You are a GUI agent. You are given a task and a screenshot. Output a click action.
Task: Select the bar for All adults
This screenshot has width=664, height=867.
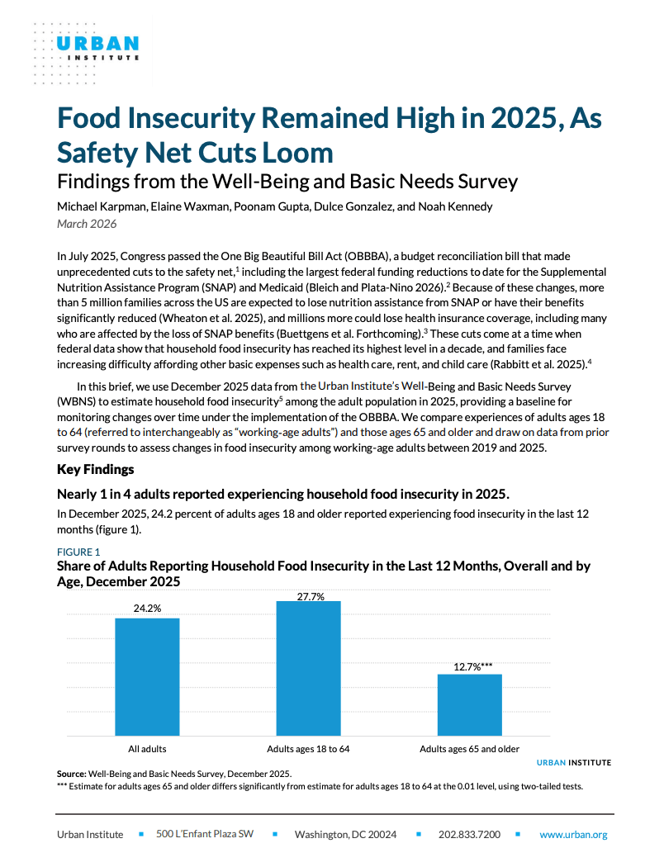pos(147,677)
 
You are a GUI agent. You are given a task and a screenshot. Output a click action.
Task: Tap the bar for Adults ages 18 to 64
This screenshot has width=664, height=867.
pos(308,669)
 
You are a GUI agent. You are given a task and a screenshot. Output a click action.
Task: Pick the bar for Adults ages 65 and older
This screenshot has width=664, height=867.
pos(469,705)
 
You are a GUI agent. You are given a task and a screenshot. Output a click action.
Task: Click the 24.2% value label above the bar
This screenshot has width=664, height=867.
pos(147,609)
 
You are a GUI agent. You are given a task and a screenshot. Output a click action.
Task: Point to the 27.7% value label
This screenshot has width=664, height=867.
pos(308,595)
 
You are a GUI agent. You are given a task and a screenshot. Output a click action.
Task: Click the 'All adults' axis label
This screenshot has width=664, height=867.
pos(147,749)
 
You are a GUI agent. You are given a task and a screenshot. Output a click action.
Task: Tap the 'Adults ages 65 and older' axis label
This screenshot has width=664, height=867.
pos(469,749)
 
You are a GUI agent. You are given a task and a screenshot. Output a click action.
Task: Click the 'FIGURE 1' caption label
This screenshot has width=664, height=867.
pos(78,552)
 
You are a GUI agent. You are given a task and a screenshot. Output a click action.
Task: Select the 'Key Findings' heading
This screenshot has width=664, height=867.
pos(95,469)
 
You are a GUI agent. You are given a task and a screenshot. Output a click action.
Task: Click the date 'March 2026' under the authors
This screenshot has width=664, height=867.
pos(87,224)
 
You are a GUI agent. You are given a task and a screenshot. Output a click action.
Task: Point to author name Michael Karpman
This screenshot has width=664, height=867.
pos(97,206)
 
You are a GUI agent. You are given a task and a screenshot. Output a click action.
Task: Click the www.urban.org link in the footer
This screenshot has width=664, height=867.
pos(573,835)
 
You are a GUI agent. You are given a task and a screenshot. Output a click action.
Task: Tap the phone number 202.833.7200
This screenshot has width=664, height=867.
pos(469,835)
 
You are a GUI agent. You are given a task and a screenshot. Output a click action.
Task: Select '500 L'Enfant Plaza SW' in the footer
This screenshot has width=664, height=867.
pos(205,835)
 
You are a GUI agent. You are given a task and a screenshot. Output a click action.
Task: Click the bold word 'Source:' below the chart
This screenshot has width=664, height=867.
pos(71,774)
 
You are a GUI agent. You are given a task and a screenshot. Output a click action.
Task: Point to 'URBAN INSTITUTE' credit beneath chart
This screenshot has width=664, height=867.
pos(574,762)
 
